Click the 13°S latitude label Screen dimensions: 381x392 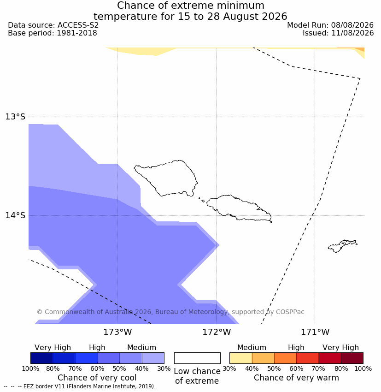pos(15,117)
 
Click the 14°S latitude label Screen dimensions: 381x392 pos(15,215)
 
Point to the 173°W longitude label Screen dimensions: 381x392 pos(117,332)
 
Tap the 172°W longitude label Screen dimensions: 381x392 pos(217,332)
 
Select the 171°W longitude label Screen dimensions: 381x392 pos(315,332)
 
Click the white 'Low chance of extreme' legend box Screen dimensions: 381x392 pos(197,358)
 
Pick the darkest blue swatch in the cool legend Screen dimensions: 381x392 pos(42,358)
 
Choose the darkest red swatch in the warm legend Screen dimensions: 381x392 pos(352,358)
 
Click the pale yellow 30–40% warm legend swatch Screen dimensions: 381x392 pos(240,358)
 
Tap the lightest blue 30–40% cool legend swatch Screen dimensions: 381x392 pos(153,358)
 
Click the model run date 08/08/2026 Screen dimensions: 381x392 pos(352,25)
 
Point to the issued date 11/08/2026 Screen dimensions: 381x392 pos(352,33)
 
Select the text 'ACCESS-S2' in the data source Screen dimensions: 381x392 pos(78,25)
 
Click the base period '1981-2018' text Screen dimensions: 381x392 pos(76,33)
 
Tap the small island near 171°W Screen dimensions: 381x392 pos(342,246)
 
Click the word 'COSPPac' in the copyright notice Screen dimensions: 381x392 pos(290,312)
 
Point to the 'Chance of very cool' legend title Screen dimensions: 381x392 pos(97,378)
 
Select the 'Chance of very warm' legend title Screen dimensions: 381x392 pos(296,378)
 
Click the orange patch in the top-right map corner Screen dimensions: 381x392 pos(359,49)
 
